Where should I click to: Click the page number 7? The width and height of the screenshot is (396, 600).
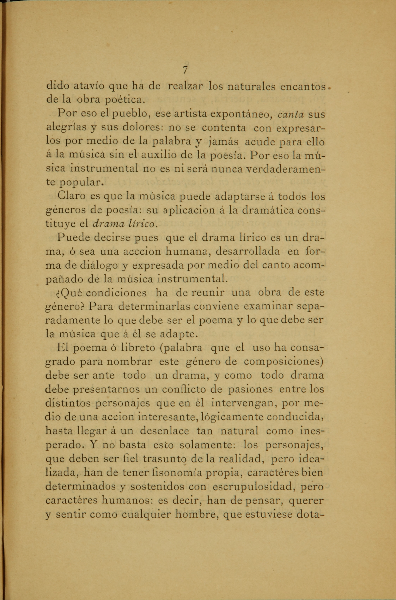[x=185, y=70]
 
